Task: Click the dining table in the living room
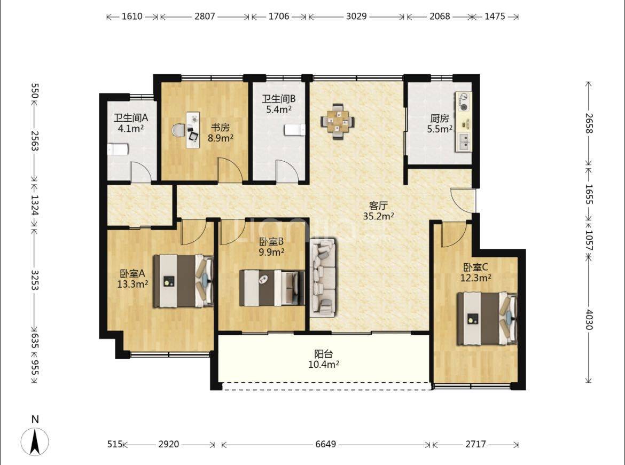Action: point(338,121)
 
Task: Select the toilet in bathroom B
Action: point(294,130)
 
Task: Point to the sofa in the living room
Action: point(323,278)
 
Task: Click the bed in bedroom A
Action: point(184,281)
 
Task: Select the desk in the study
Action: point(193,130)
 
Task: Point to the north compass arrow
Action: point(35,441)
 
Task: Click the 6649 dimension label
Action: point(326,444)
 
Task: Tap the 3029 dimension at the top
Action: point(356,17)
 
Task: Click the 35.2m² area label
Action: point(379,216)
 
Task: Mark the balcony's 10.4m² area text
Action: point(324,364)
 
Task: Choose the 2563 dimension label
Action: point(35,141)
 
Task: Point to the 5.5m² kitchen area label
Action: point(440,129)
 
